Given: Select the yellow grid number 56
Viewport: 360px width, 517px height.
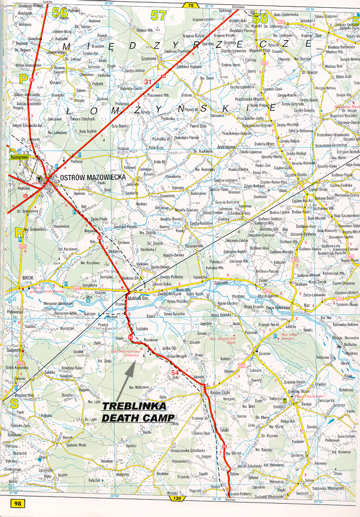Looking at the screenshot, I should pos(59,12).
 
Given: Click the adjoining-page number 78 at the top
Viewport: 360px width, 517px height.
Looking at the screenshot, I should pos(190,5).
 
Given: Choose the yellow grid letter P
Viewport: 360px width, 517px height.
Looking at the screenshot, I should pos(23,78).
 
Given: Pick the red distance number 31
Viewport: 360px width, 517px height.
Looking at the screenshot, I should pos(148,82).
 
